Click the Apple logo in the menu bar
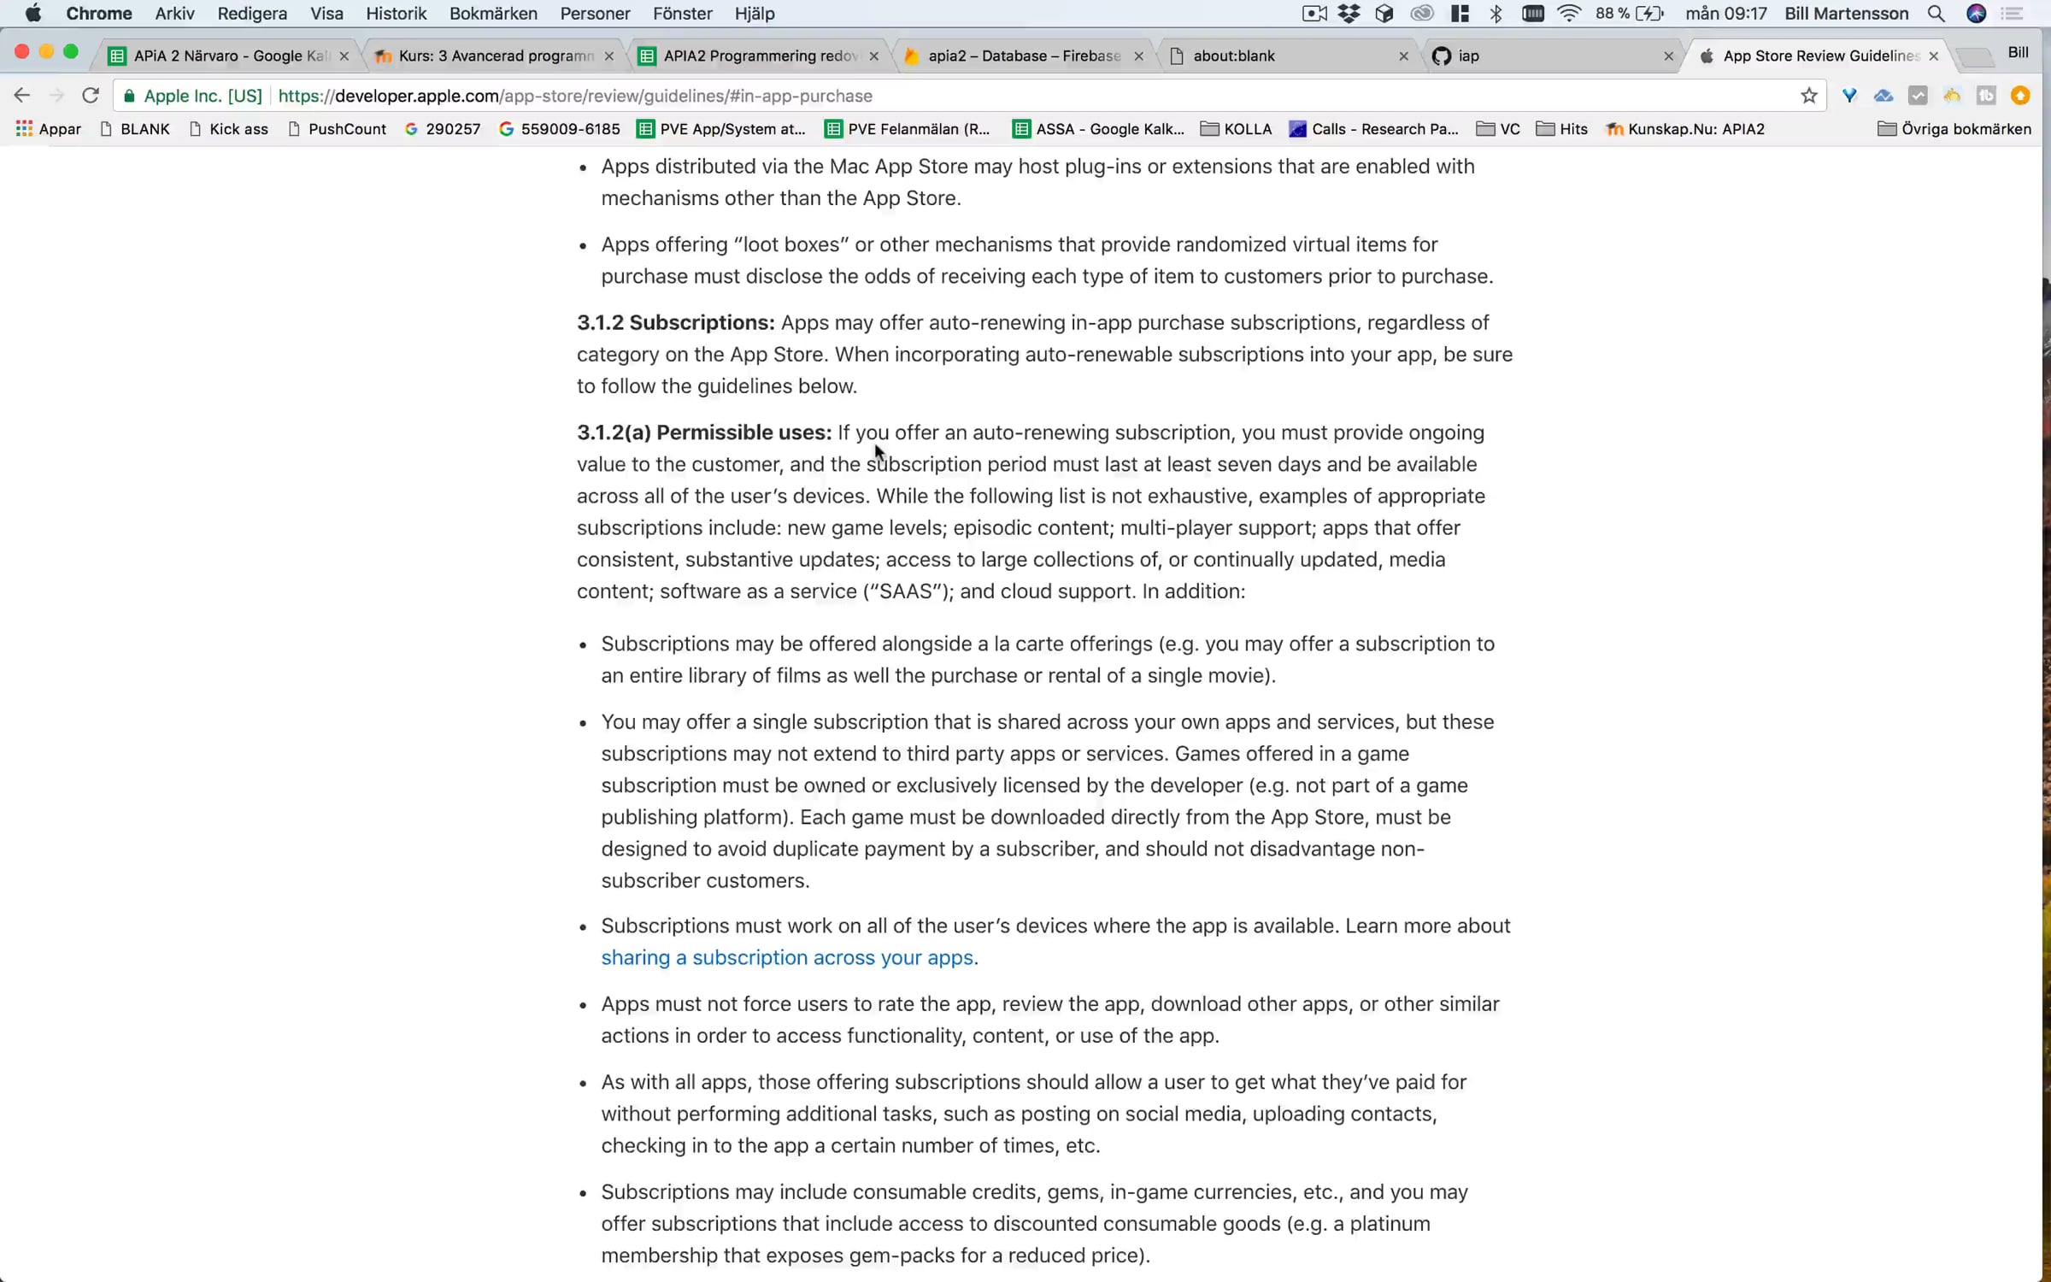tap(32, 14)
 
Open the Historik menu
tap(396, 14)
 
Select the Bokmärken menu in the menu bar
tap(493, 14)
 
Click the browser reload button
tap(91, 96)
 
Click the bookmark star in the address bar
tap(1808, 96)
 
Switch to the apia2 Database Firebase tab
tap(1023, 56)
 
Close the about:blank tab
tap(1403, 56)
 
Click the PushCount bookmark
tap(346, 129)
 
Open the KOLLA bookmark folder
tap(1247, 129)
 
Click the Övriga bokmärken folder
tap(1965, 129)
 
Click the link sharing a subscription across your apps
tap(787, 957)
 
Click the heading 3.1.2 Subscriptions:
tap(675, 323)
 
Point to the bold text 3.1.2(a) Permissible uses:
tap(703, 432)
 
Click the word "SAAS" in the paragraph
tap(906, 591)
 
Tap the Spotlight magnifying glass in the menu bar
tap(1936, 14)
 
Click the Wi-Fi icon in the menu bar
tap(1569, 14)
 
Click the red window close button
tap(22, 52)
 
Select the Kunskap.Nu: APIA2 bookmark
tap(1695, 129)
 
